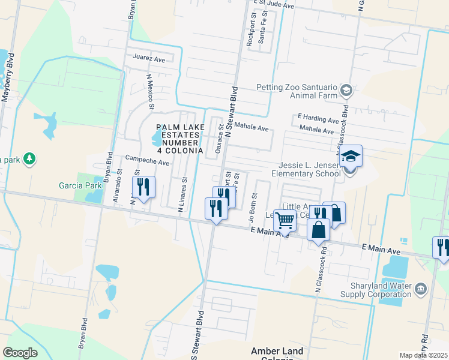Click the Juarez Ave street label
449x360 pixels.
coord(149,59)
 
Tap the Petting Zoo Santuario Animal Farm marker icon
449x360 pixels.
coord(346,91)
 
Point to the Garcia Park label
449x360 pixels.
coord(76,185)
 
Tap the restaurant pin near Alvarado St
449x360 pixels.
coord(143,187)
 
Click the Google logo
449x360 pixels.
coord(20,353)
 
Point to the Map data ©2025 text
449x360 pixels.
coord(423,355)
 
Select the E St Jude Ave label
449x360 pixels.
coord(274,5)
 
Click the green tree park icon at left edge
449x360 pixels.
coord(29,159)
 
